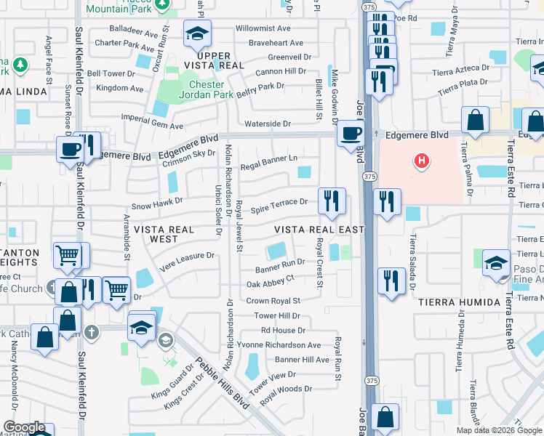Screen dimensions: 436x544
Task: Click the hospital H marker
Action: click(x=421, y=161)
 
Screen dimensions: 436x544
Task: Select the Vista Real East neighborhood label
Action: click(x=319, y=230)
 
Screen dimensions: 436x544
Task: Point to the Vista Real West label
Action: click(x=165, y=234)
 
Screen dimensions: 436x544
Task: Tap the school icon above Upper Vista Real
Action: click(x=196, y=33)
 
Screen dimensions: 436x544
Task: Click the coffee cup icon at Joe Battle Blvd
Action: click(x=351, y=133)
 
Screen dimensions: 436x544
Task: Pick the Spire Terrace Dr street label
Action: click(x=279, y=203)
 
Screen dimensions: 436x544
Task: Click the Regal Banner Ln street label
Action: click(x=269, y=159)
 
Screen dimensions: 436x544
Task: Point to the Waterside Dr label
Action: click(x=267, y=124)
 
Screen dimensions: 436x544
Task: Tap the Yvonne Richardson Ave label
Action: click(x=289, y=345)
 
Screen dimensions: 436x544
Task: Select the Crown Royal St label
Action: click(x=273, y=301)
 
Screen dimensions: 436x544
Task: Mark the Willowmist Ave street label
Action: click(x=263, y=28)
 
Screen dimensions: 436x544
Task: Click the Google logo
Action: click(x=24, y=427)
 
